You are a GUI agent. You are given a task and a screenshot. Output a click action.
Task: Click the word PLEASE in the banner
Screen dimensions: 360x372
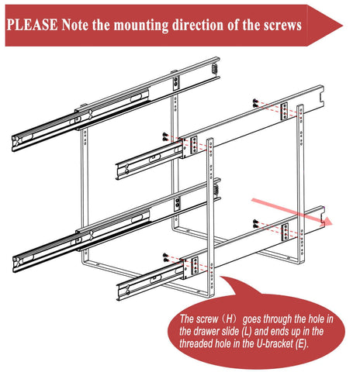click(x=32, y=25)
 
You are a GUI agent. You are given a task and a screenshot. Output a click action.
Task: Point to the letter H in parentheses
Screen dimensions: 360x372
click(x=230, y=319)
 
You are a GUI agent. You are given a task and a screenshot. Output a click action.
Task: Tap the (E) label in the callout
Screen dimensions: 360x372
click(x=302, y=343)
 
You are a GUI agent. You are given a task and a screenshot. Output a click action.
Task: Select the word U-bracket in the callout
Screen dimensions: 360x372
click(x=275, y=343)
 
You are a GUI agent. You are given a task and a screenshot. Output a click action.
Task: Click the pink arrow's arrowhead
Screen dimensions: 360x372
click(x=327, y=222)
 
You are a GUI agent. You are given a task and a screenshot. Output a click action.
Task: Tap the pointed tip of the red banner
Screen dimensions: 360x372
click(x=342, y=26)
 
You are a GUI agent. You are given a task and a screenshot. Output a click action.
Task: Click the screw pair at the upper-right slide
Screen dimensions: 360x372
click(x=255, y=103)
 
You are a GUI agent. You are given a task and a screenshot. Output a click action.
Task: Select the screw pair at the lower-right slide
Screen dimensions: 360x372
click(x=255, y=224)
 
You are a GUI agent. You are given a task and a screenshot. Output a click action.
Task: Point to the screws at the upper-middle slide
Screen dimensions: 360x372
click(x=165, y=136)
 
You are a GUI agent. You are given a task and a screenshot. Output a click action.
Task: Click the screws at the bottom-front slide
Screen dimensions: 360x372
click(x=166, y=258)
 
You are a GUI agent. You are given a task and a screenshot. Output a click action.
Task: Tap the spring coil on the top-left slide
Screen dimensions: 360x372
click(x=215, y=68)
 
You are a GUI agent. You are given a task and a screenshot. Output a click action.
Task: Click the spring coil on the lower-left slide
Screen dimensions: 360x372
click(x=216, y=191)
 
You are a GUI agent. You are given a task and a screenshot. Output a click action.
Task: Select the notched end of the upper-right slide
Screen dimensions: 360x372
click(x=321, y=98)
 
